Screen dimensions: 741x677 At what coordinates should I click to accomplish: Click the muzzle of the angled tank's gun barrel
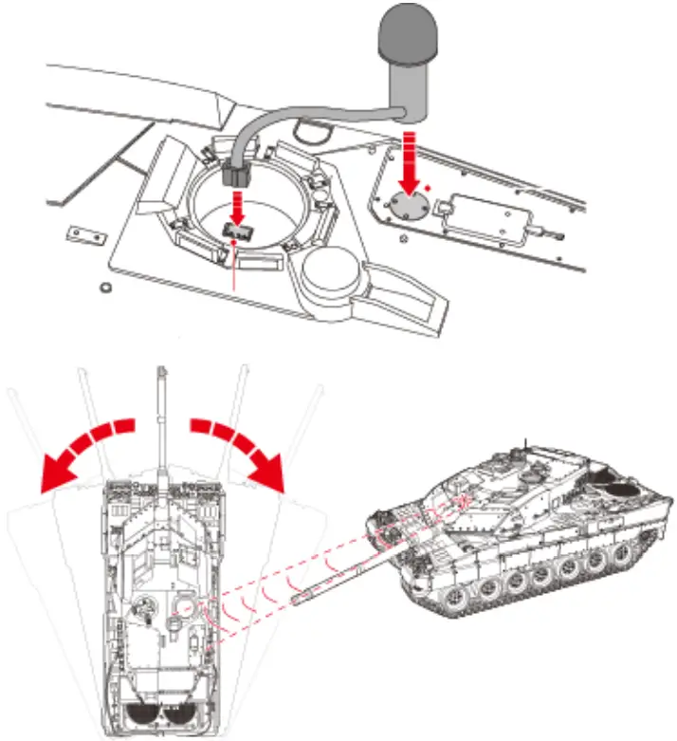(297, 599)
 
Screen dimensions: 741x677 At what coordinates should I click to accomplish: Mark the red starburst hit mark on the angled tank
(464, 502)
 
